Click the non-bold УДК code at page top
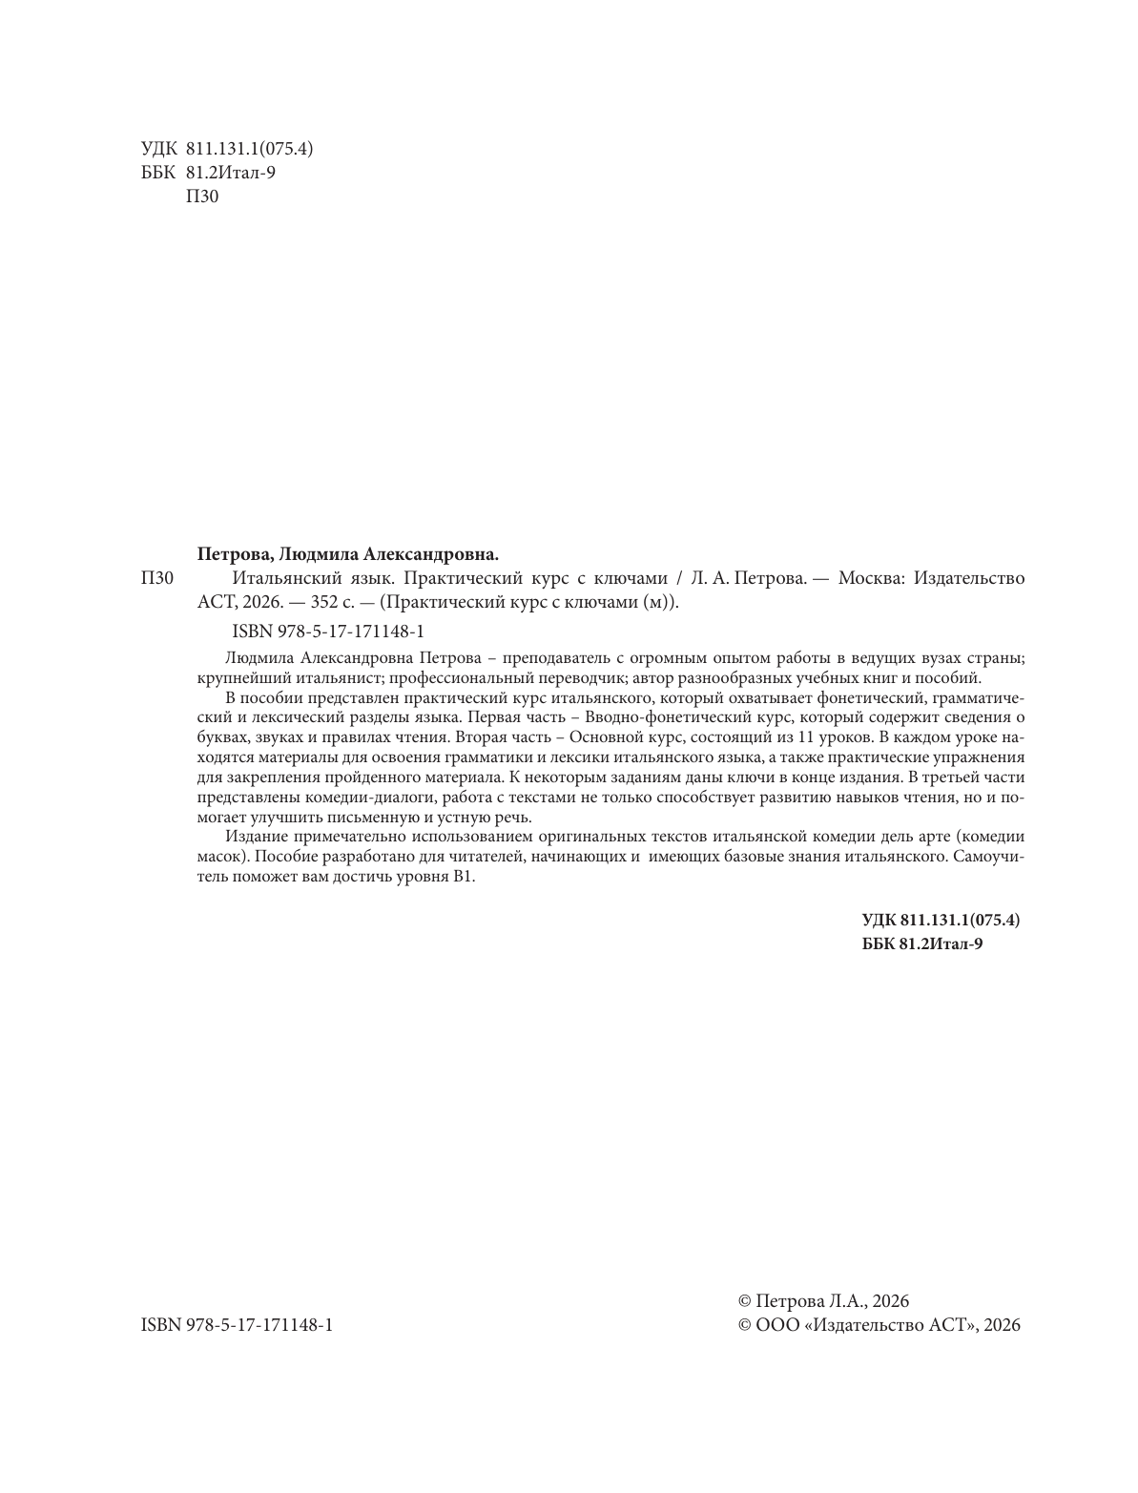tap(227, 148)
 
